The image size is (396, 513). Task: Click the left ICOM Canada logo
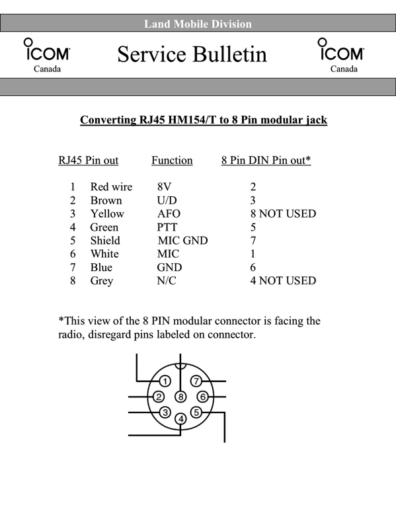click(x=47, y=55)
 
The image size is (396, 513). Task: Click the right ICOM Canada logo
click(x=341, y=55)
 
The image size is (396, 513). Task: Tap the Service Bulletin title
click(x=192, y=54)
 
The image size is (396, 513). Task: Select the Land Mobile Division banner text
click(x=198, y=24)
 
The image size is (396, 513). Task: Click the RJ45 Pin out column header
click(x=89, y=160)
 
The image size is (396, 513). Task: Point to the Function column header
click(x=172, y=160)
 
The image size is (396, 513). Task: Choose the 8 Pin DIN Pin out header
click(x=266, y=160)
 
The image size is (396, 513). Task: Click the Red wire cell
click(x=111, y=187)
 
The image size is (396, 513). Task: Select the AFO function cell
click(x=169, y=214)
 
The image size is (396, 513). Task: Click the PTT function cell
click(x=167, y=227)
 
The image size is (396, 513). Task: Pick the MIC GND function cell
click(x=182, y=241)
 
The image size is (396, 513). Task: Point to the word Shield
click(x=105, y=241)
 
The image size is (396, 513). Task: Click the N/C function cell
click(x=167, y=281)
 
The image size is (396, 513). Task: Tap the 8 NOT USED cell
click(x=283, y=214)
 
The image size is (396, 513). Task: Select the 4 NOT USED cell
click(x=283, y=281)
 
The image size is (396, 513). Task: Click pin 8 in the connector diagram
click(x=180, y=397)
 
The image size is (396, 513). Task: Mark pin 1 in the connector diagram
click(x=165, y=381)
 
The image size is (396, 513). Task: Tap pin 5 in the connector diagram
click(x=196, y=413)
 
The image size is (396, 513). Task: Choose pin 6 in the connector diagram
click(x=202, y=397)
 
